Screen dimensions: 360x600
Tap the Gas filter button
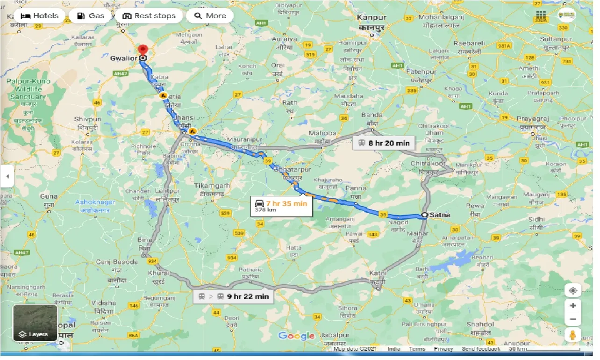coord(90,16)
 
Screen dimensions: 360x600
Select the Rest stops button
coord(149,16)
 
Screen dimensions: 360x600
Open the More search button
coord(210,16)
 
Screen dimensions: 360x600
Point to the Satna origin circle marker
coord(424,215)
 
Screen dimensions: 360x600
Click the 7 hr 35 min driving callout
coord(281,206)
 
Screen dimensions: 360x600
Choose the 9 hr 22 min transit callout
coord(233,296)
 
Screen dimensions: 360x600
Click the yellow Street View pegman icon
coord(572,335)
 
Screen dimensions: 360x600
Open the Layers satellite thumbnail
coord(35,323)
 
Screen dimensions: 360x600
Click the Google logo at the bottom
coord(296,336)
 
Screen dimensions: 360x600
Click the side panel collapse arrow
coord(7,176)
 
